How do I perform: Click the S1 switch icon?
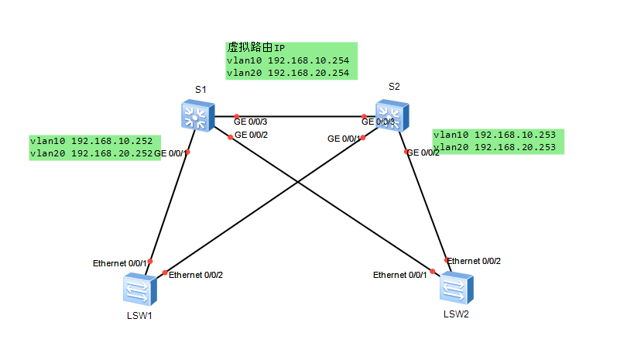click(x=195, y=115)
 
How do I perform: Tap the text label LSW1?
click(x=140, y=317)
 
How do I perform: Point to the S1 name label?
click(x=200, y=90)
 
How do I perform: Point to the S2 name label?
click(x=395, y=86)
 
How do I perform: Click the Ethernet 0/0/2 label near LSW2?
click(x=474, y=261)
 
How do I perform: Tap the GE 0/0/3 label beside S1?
click(x=250, y=122)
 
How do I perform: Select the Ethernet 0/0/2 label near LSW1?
click(x=196, y=275)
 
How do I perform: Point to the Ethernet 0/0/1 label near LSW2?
click(x=399, y=275)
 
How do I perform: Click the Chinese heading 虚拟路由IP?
click(x=256, y=48)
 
